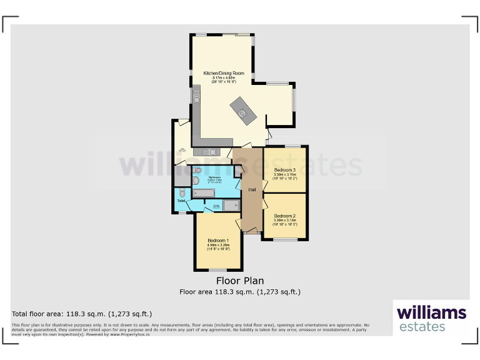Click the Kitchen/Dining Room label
pos(223,72)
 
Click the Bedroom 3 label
pos(284,169)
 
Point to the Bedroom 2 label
pos(284,216)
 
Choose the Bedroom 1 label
pos(218,240)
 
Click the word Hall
pos(252,189)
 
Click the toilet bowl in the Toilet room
pos(181,192)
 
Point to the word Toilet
pos(181,201)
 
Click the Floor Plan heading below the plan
pos(240,281)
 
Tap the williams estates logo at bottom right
pos(431,317)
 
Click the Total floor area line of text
pos(82,314)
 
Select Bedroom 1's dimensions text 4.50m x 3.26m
pos(218,245)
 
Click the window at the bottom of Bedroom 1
pos(217,269)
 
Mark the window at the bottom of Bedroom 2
pos(284,239)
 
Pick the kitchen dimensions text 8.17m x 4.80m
pos(223,77)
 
